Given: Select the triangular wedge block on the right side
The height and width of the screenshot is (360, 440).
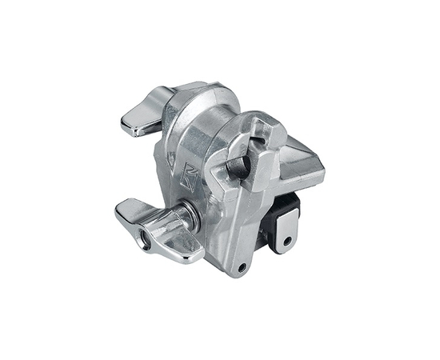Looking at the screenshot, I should [300, 164].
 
